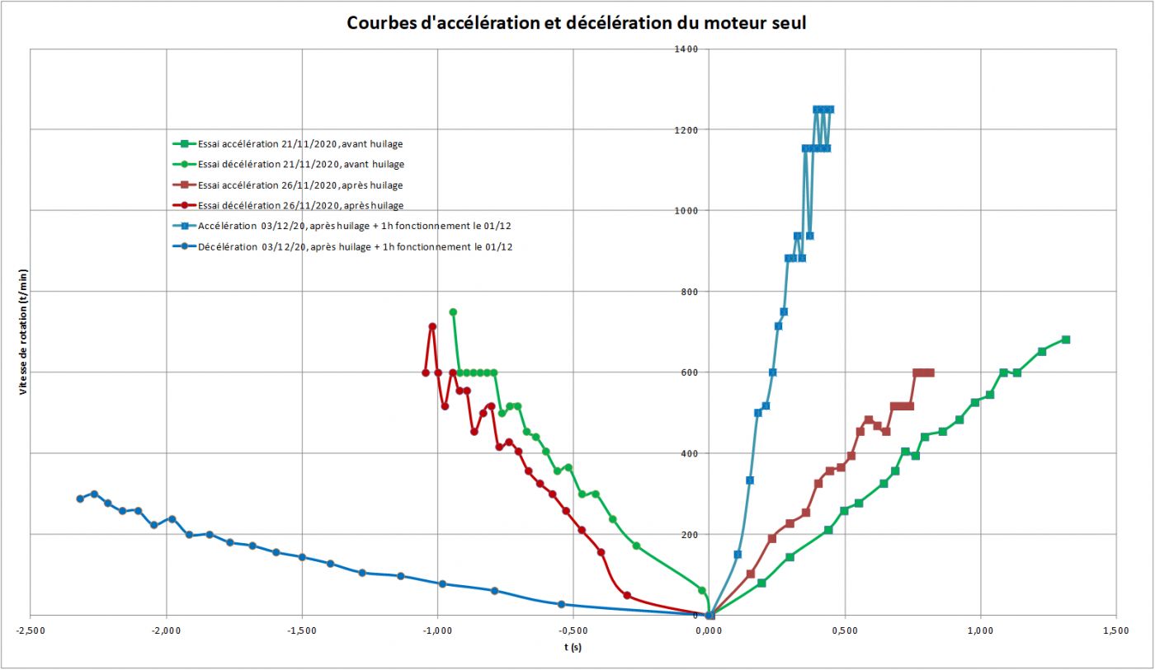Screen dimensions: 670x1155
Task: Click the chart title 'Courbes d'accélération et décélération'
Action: pyautogui.click(x=576, y=23)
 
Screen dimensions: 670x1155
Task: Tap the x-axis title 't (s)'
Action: pyautogui.click(x=573, y=647)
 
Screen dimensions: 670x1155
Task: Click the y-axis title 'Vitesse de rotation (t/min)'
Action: pyautogui.click(x=24, y=331)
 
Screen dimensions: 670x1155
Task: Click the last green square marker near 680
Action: pyautogui.click(x=1065, y=340)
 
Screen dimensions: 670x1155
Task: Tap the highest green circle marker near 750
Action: pyautogui.click(x=452, y=312)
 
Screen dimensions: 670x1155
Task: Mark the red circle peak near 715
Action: pyautogui.click(x=432, y=326)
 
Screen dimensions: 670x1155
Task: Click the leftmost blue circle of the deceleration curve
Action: pyautogui.click(x=80, y=499)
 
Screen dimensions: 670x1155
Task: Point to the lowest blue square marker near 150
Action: pyautogui.click(x=738, y=554)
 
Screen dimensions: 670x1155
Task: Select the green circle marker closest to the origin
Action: pyautogui.click(x=702, y=590)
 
